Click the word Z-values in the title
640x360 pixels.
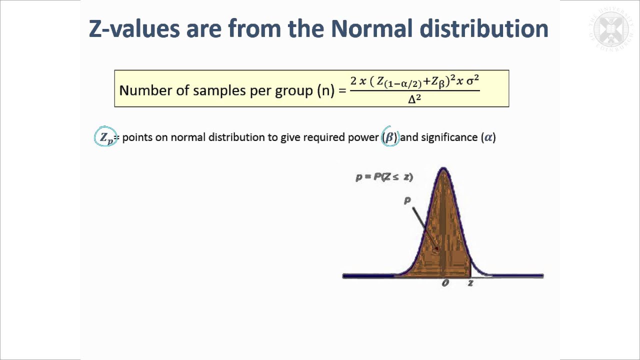tap(134, 28)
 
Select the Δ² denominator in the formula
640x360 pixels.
tap(414, 98)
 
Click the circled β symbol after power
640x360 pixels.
tap(390, 137)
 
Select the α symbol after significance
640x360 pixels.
tap(488, 137)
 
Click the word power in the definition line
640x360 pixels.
tap(363, 137)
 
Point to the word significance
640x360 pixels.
tap(449, 137)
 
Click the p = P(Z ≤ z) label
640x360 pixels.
tap(384, 177)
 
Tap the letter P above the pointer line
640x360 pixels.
tap(407, 200)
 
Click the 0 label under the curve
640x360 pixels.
tap(445, 283)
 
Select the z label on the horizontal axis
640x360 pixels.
tap(470, 283)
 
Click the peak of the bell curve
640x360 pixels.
tap(443, 170)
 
